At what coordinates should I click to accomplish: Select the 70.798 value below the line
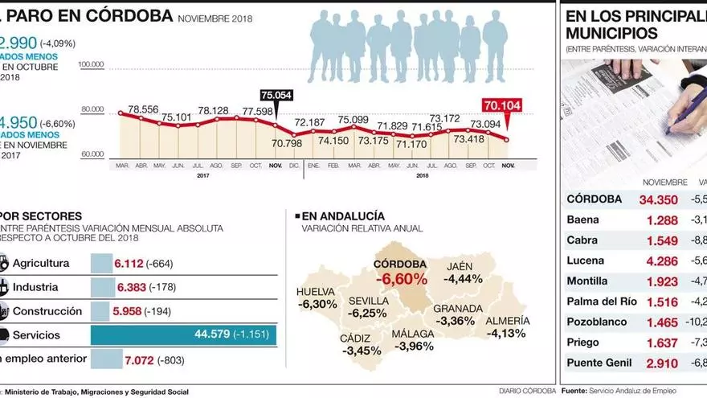(288, 143)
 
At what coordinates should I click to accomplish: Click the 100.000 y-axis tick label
(92, 64)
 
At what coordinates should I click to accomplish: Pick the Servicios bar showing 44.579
(183, 334)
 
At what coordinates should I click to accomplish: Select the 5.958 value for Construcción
(129, 311)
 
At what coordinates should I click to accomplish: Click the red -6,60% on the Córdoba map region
(400, 279)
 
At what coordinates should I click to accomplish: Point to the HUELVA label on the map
(315, 292)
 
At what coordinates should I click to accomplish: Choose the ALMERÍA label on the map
(507, 321)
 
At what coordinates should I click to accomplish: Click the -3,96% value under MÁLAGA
(414, 347)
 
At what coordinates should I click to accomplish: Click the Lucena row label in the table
(586, 261)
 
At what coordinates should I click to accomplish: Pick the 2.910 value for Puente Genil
(662, 363)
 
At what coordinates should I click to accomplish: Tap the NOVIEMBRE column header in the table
(665, 182)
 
